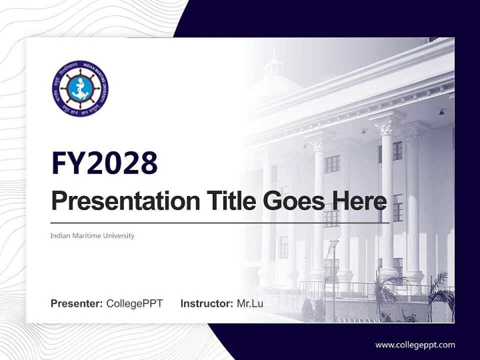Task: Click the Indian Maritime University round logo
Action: [x=80, y=89]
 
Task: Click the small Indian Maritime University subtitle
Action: [x=92, y=235]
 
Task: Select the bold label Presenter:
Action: [x=77, y=303]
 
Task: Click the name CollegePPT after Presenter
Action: [x=134, y=303]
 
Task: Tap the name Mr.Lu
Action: [x=249, y=303]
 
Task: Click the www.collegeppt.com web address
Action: [x=415, y=344]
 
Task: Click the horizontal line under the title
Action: [x=220, y=222]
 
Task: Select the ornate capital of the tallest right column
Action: [x=387, y=126]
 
